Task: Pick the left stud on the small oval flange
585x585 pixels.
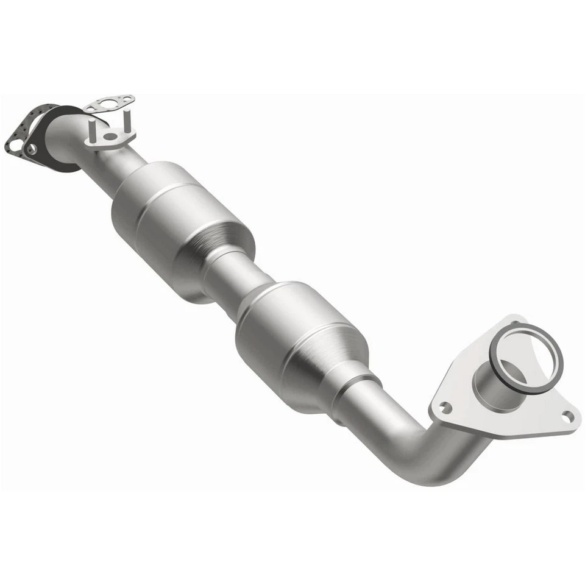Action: (91, 130)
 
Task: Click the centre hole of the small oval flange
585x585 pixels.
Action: (110, 135)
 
